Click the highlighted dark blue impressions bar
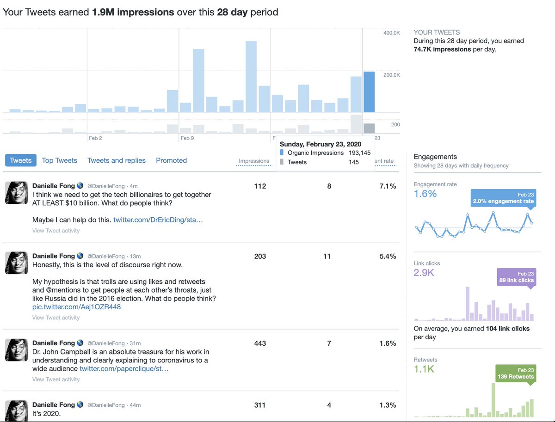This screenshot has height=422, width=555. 369,92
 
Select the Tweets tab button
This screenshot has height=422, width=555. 21,160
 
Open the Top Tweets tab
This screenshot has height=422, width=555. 59,160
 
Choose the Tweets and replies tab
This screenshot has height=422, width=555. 117,160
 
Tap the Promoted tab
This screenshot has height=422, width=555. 172,160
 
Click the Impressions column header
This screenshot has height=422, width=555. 254,161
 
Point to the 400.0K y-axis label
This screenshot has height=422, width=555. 391,33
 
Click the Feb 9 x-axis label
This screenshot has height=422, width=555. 187,138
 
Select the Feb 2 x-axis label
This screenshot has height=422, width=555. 95,138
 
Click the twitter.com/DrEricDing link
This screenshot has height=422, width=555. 158,220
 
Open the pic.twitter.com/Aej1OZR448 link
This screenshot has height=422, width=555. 76,307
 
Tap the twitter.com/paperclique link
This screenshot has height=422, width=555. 124,369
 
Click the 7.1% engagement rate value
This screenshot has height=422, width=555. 388,186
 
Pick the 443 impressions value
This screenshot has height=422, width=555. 260,343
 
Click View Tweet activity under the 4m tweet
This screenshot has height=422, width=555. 56,231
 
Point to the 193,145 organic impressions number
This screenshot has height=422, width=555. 359,153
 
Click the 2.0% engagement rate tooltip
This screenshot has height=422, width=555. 503,198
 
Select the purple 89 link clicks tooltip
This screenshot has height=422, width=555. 517,277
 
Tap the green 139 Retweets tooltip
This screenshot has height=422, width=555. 516,373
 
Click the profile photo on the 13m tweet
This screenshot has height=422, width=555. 17,263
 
